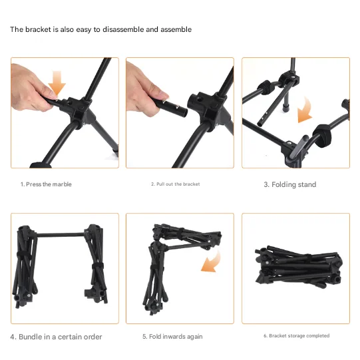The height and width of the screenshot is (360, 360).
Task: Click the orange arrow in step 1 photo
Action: pos(58,83)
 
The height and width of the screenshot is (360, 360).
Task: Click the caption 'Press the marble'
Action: pos(46,184)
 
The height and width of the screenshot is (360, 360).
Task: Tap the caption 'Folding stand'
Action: pos(289,184)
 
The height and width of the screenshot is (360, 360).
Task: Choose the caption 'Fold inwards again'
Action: pos(175,337)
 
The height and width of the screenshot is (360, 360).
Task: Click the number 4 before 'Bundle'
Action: pos(12,337)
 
